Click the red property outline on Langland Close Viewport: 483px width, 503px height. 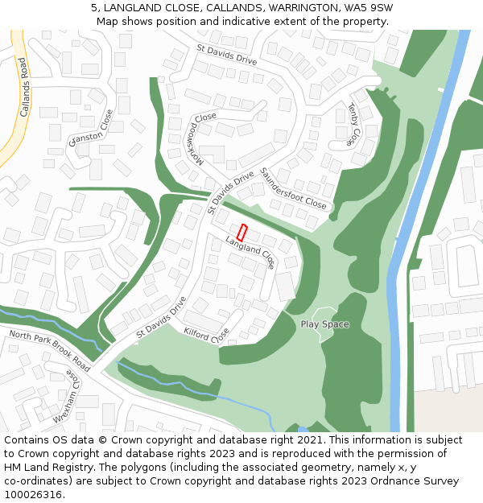click(x=242, y=233)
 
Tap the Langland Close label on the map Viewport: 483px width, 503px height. click(x=250, y=252)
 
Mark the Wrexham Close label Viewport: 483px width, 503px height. click(x=65, y=396)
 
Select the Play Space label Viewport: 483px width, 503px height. click(x=324, y=324)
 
